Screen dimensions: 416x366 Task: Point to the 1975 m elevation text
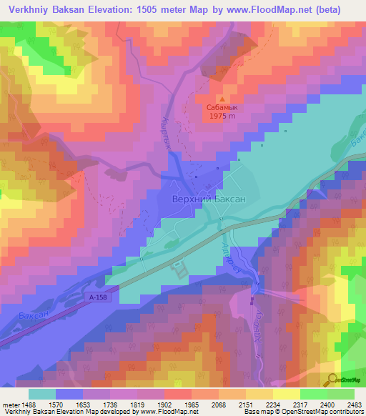pos(222,119)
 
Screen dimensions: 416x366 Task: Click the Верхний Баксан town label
pos(209,201)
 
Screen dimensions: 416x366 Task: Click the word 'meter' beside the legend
pos(11,405)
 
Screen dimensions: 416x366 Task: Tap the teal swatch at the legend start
pos(42,394)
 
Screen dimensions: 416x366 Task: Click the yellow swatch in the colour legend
pos(286,394)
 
